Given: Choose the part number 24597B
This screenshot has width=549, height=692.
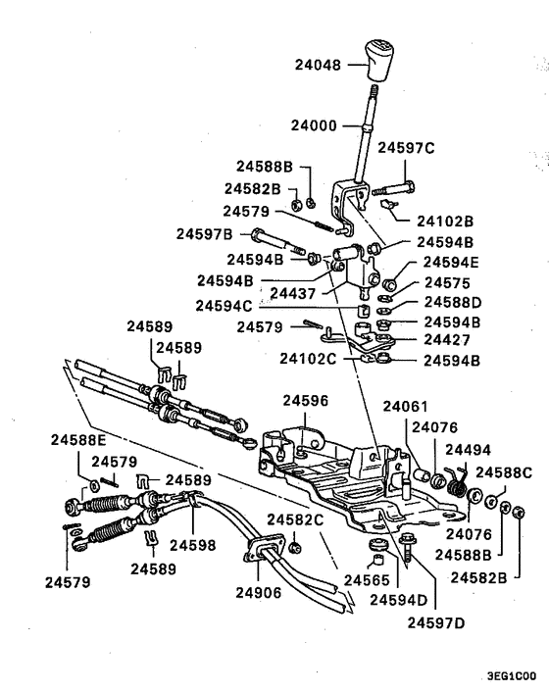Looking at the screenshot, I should [204, 234].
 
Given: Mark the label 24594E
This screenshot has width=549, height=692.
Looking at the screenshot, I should [452, 263].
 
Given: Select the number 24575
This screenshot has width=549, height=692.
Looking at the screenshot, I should [446, 281].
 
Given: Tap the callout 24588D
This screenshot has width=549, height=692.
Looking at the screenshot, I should [452, 302].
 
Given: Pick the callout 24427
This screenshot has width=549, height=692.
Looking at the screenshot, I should [447, 340].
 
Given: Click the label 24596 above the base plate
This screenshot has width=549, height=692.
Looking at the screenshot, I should [307, 401].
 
